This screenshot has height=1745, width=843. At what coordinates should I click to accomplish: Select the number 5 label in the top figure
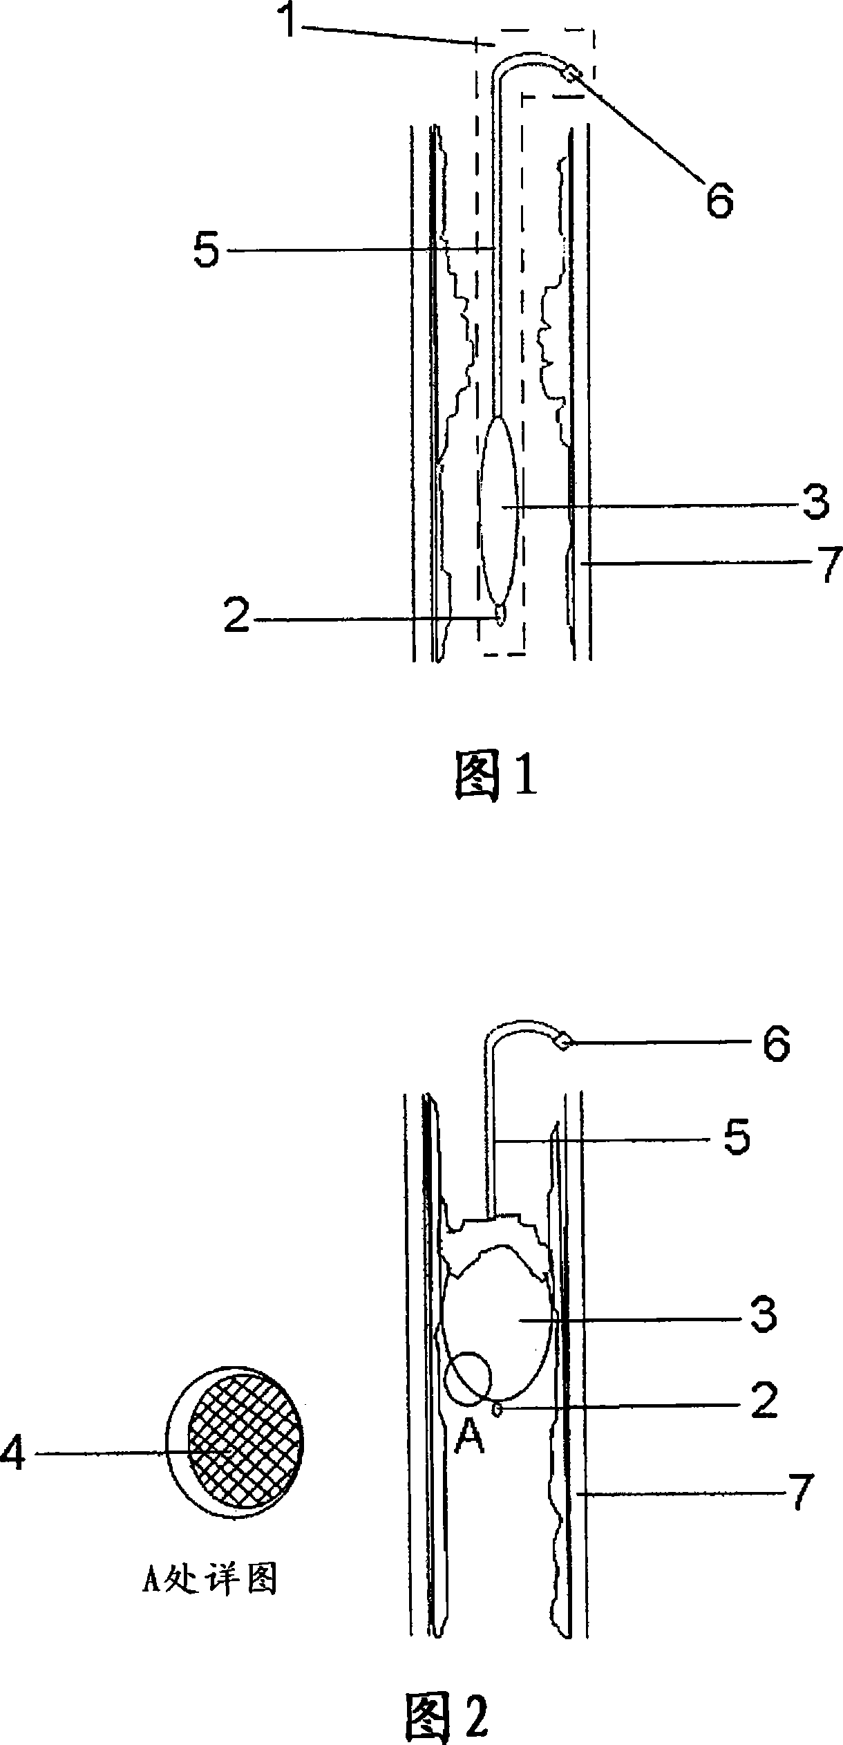[207, 251]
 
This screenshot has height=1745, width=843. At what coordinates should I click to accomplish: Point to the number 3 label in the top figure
[815, 503]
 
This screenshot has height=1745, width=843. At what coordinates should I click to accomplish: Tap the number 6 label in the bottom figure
[776, 1046]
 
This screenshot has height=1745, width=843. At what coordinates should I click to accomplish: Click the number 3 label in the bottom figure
[764, 1316]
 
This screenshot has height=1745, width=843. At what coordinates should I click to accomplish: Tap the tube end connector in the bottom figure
[563, 1041]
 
